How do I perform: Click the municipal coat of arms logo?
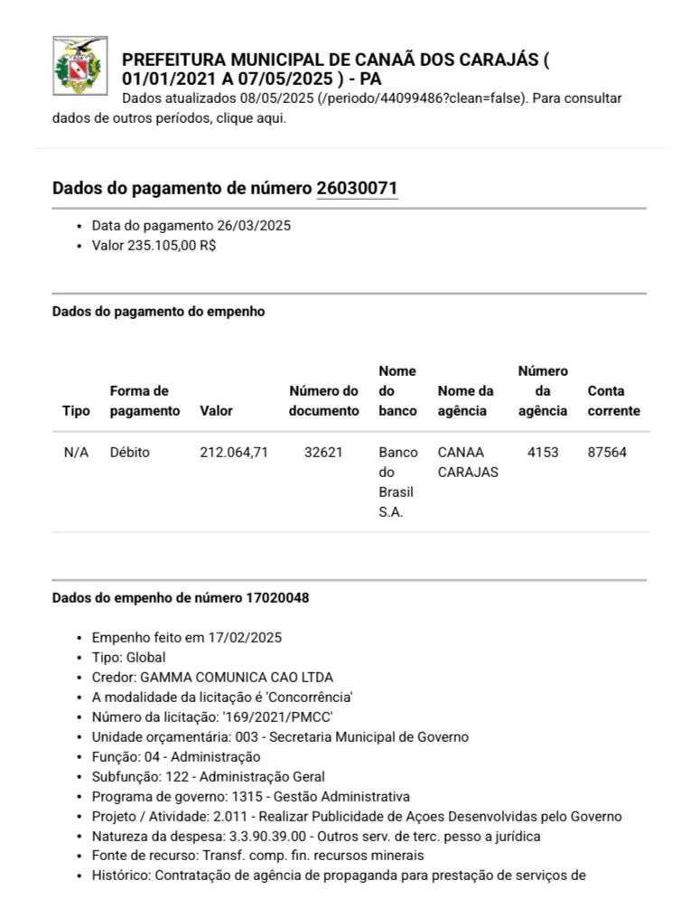[80, 66]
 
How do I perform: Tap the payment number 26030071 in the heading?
[357, 189]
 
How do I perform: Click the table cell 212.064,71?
[234, 452]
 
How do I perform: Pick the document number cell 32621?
[323, 452]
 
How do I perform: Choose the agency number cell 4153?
[543, 452]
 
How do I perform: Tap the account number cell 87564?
[607, 452]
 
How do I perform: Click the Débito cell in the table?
[130, 452]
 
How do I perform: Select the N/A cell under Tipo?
[76, 452]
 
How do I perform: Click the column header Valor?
[216, 410]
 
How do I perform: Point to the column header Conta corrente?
[613, 400]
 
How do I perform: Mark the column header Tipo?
[76, 410]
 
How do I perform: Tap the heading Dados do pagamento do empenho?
[158, 311]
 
